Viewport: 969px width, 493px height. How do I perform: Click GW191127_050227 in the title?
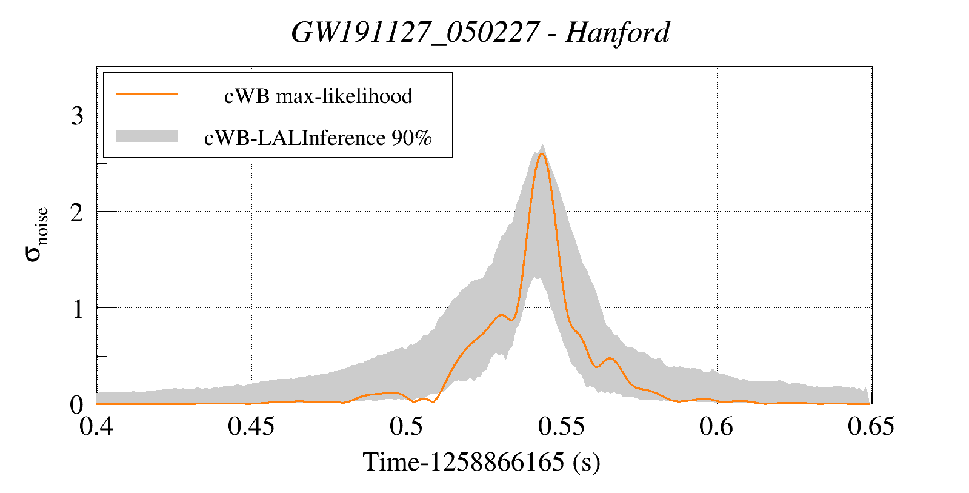pyautogui.click(x=415, y=32)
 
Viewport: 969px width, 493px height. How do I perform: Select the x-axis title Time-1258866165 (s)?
pyautogui.click(x=481, y=462)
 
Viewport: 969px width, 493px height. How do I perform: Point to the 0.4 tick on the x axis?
pyautogui.click(x=96, y=426)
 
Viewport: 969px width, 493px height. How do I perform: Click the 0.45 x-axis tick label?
pyautogui.click(x=251, y=426)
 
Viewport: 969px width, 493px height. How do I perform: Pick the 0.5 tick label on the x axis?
pyautogui.click(x=407, y=426)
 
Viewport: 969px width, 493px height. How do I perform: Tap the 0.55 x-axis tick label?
pyautogui.click(x=561, y=426)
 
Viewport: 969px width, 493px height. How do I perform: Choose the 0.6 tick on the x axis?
pyautogui.click(x=716, y=426)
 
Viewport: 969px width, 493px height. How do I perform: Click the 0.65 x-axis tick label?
pyautogui.click(x=871, y=426)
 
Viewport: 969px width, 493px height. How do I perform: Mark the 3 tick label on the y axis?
pyautogui.click(x=77, y=115)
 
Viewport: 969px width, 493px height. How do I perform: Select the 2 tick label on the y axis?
pyautogui.click(x=77, y=212)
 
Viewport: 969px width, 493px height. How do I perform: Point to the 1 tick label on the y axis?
pyautogui.click(x=77, y=309)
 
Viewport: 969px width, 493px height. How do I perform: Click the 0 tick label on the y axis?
pyautogui.click(x=77, y=404)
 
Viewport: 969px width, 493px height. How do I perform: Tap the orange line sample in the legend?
pyautogui.click(x=147, y=94)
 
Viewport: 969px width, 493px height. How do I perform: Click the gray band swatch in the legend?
pyautogui.click(x=147, y=136)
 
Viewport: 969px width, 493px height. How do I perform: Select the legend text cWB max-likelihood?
pyautogui.click(x=318, y=96)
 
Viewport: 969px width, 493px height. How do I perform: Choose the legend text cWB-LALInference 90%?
pyautogui.click(x=318, y=138)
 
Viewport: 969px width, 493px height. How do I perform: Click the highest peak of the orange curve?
pyautogui.click(x=542, y=153)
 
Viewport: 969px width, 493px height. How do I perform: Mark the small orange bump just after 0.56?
pyautogui.click(x=610, y=358)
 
